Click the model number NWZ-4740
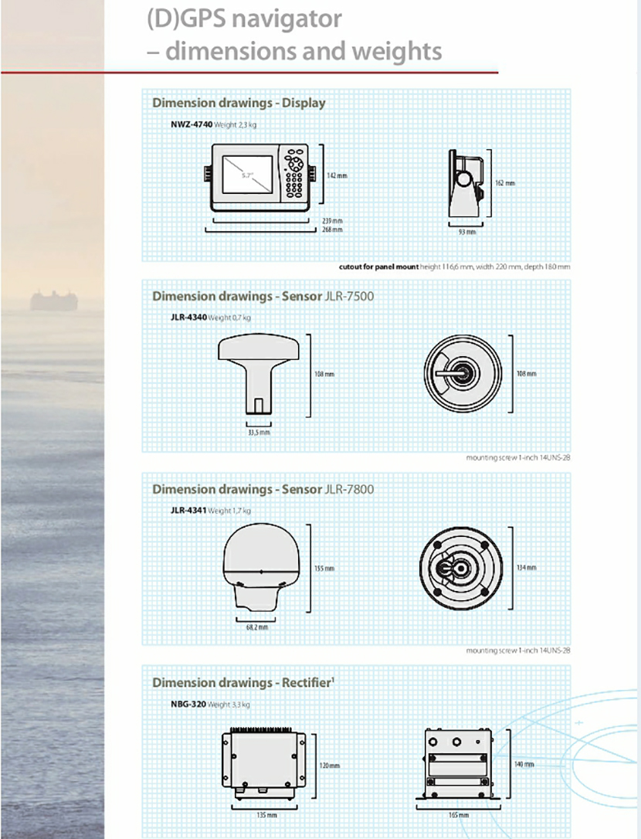tap(192, 124)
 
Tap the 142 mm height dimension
tap(337, 176)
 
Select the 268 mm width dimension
tap(332, 229)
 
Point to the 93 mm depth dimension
tap(467, 231)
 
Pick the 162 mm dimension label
tap(504, 183)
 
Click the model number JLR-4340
tap(188, 318)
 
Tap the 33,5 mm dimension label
tap(259, 433)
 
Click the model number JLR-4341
tap(188, 511)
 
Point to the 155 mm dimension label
tap(324, 569)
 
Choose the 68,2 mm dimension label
tap(257, 627)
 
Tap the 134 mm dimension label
tap(526, 568)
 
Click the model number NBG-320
tap(188, 705)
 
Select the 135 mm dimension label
tap(266, 814)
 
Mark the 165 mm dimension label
tap(458, 814)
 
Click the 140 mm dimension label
tap(524, 763)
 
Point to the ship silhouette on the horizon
tap(54, 300)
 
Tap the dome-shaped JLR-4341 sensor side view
tap(260, 567)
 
